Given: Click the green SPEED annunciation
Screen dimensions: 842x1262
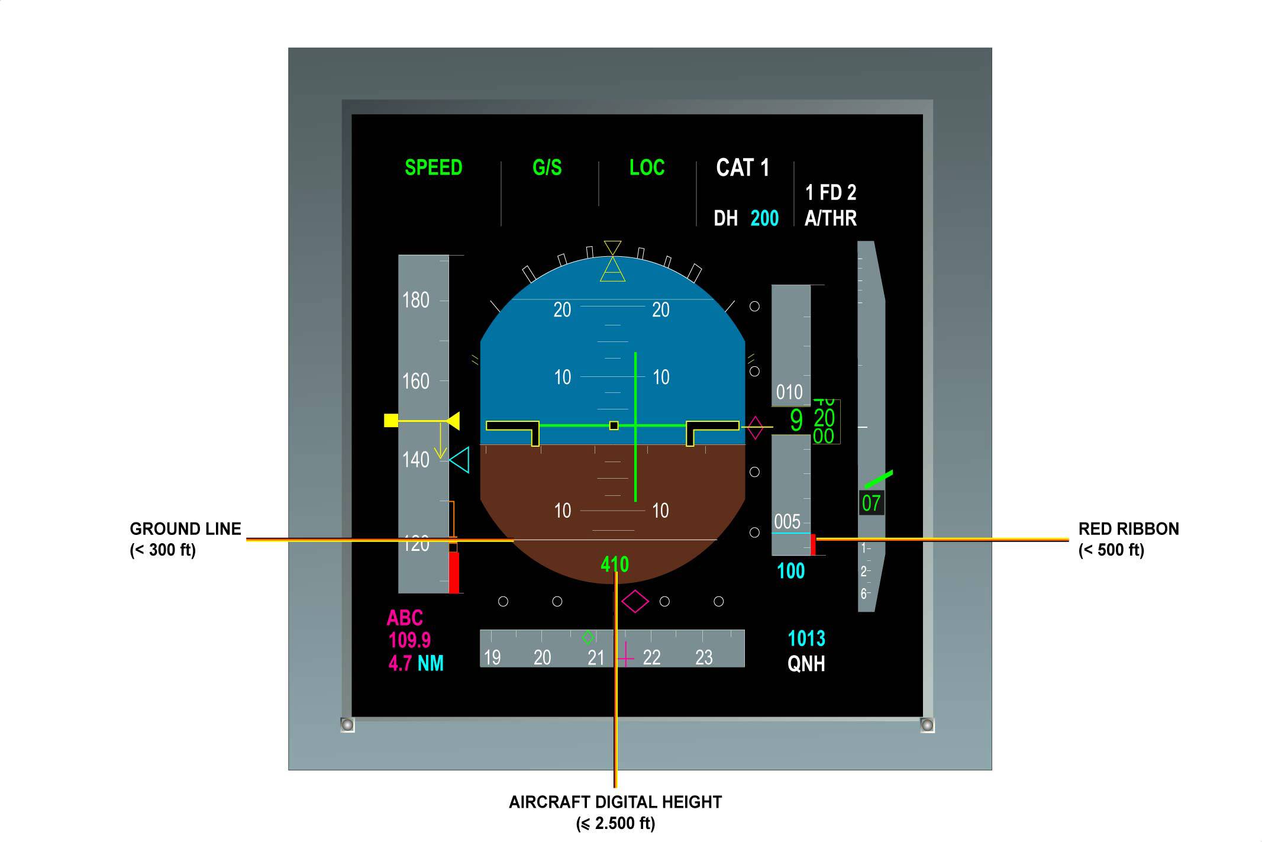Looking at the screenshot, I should click(433, 168).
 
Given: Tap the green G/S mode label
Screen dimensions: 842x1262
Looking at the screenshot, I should click(547, 168).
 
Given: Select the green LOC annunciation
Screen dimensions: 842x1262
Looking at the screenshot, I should click(647, 168).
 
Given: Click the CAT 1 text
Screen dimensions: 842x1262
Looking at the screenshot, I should click(743, 168).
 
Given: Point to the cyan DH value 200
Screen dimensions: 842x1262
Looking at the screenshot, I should click(764, 218).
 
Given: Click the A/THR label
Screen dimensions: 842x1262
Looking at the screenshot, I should click(830, 218).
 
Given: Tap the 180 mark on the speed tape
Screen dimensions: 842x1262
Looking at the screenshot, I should click(416, 300).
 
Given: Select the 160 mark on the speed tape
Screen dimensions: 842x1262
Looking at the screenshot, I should click(416, 381).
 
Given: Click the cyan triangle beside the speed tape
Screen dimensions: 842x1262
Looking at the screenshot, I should click(460, 460).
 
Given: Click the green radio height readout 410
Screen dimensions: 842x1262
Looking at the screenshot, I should click(615, 564).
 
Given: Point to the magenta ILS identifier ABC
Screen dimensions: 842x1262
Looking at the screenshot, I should click(405, 618).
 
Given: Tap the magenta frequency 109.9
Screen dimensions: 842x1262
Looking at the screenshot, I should click(409, 640).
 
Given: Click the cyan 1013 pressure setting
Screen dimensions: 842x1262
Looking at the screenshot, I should click(806, 638).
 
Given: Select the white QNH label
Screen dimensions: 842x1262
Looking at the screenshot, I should click(806, 664).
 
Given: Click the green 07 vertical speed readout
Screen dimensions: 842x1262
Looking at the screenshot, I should click(871, 503).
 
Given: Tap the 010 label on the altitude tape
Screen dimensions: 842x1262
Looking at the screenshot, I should click(789, 392).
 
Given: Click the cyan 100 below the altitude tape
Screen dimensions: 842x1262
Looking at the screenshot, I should click(790, 571).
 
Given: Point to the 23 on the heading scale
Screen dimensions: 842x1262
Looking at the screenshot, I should click(703, 657).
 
